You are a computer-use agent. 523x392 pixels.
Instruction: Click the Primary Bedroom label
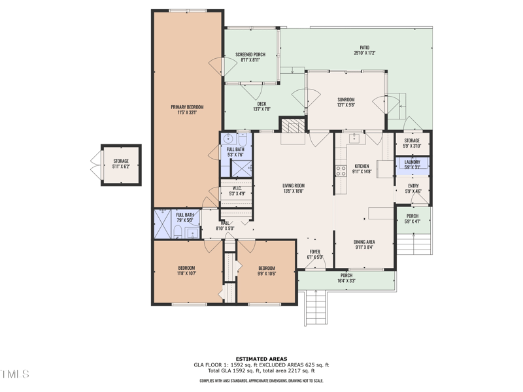187,107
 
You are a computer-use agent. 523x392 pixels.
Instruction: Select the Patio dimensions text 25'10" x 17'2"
365,53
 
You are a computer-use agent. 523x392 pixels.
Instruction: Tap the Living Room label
294,186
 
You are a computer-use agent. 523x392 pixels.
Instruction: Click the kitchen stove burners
341,171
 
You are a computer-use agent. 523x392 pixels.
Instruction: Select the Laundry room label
412,162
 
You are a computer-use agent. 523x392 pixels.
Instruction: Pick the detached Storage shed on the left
120,164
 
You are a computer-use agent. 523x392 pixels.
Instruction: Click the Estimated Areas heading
261,359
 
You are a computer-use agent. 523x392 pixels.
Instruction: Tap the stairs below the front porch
315,307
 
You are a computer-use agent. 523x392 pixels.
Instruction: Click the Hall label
224,223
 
